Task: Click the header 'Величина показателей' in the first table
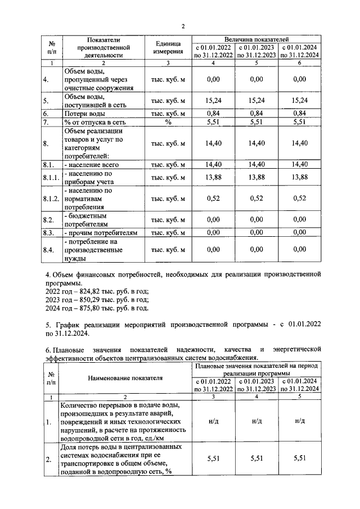(256, 39)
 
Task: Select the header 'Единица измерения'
(168, 48)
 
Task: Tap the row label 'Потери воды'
(84, 113)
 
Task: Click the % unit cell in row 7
(168, 122)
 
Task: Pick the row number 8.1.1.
(51, 178)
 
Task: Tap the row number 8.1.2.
(51, 199)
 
